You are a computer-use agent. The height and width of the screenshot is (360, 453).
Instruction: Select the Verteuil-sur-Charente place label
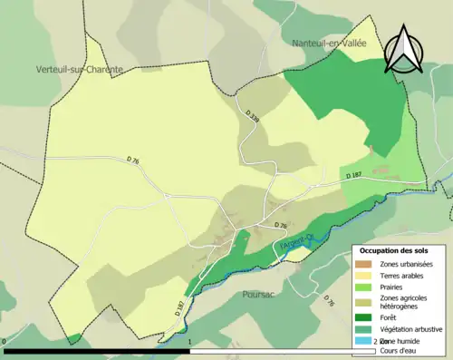point(80,69)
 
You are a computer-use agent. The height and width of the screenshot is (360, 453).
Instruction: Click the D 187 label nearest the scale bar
point(178,308)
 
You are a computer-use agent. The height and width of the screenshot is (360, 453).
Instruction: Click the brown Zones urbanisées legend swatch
point(364,263)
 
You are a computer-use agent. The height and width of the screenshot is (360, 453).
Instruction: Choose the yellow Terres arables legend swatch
point(364,275)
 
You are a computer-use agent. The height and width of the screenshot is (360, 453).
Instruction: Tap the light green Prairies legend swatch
point(364,287)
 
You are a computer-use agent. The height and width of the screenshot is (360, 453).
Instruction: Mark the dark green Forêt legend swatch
point(364,317)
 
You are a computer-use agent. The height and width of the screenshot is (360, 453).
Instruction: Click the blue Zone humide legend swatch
point(364,341)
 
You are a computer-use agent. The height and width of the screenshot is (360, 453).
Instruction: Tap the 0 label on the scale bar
point(5,342)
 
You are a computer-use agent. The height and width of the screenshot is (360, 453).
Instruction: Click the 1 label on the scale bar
point(189,342)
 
